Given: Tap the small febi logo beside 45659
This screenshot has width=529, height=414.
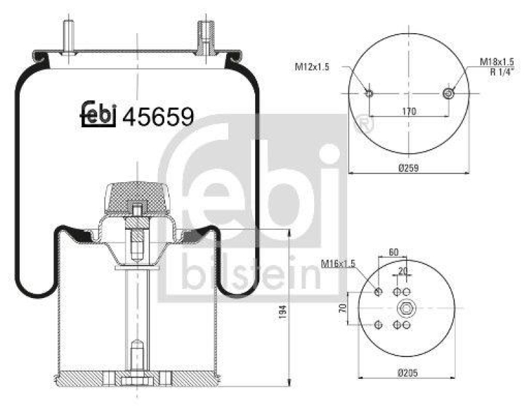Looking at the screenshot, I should coord(99,115).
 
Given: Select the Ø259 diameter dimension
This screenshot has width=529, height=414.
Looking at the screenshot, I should coord(408,167).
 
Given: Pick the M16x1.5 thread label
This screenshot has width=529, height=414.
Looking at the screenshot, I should coord(338,264).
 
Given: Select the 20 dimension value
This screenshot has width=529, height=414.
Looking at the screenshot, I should coord(402,271).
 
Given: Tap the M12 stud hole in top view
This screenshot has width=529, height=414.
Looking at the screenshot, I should coord(369,93).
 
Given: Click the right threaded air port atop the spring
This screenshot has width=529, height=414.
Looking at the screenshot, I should coord(204,36).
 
